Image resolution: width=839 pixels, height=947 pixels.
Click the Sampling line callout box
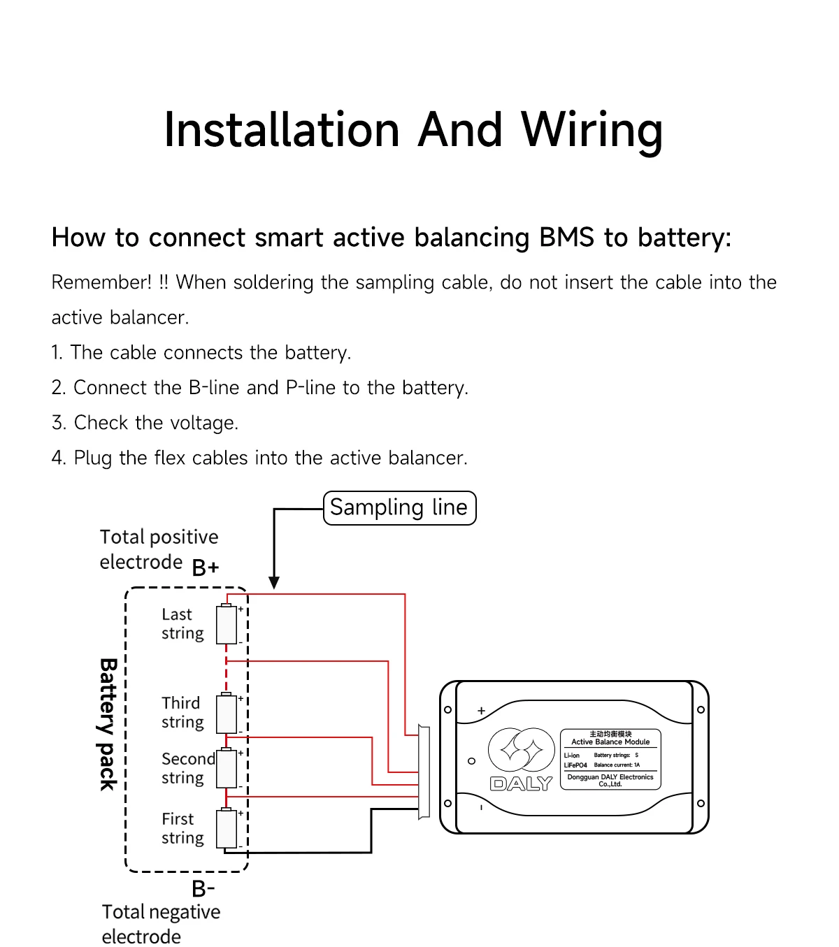coord(399,507)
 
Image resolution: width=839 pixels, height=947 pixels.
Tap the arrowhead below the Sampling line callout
coord(274,582)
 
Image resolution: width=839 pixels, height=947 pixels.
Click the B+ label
coord(206,568)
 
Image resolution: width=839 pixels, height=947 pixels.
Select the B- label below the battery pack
coord(203,888)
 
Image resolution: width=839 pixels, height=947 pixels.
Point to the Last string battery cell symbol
coord(227,623)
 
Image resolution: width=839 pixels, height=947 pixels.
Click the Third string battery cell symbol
coord(227,713)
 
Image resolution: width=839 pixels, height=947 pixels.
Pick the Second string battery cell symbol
coord(227,767)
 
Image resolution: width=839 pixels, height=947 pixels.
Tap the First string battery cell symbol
coord(227,827)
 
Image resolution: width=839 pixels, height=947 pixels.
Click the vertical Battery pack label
coord(108,725)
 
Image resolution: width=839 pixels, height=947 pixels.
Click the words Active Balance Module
coord(610,742)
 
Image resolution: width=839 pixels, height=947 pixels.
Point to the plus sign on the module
coord(481,711)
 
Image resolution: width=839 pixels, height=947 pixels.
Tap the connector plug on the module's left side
coord(424,772)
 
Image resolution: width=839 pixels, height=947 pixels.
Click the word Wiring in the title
coord(591,131)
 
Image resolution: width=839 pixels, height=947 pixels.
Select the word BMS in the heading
coord(567,237)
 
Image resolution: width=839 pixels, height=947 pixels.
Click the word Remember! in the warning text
coord(101,282)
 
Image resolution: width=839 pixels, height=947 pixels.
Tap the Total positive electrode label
coord(159,550)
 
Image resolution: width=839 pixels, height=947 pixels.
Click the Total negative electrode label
coord(161,924)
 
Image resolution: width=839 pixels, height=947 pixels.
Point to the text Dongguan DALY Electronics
coord(610,777)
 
